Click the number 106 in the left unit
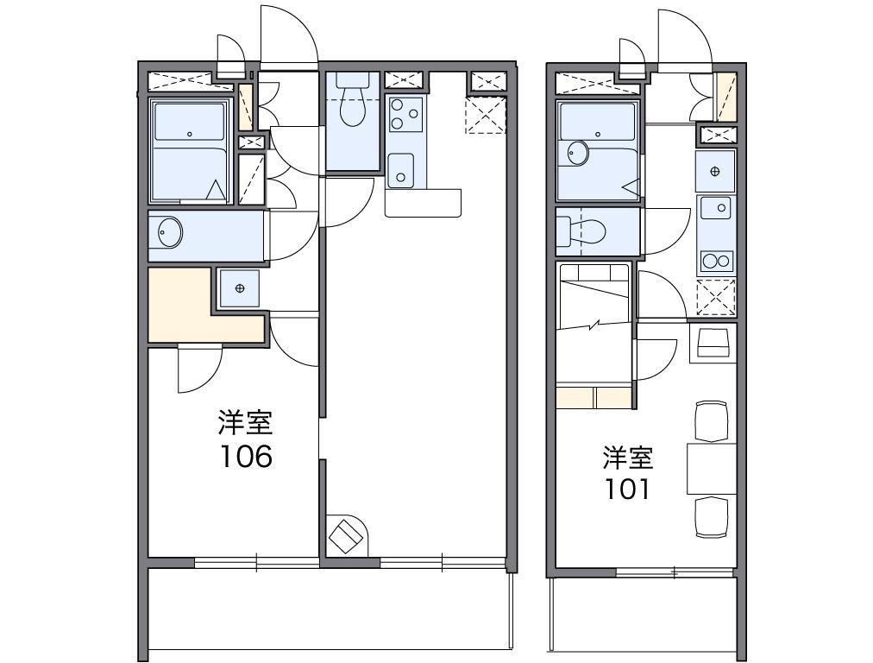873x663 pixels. click(x=245, y=456)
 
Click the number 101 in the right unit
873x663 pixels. click(x=627, y=489)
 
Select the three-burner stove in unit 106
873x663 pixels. click(x=404, y=115)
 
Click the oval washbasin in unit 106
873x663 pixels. click(x=168, y=232)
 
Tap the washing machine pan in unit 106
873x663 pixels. click(x=239, y=287)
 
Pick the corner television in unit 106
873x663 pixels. click(x=347, y=534)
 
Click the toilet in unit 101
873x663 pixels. click(x=583, y=231)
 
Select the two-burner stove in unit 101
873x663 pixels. click(x=716, y=260)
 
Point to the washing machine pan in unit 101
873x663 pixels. click(x=715, y=171)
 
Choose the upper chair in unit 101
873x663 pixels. click(x=711, y=420)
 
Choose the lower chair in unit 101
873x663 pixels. click(x=711, y=517)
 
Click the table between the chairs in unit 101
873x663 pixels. click(x=711, y=469)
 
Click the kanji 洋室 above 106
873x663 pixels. click(x=245, y=423)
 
